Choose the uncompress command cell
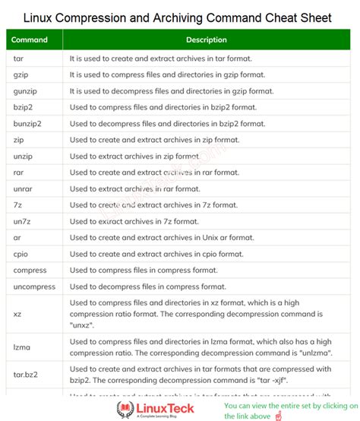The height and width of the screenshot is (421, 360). click(x=34, y=286)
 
